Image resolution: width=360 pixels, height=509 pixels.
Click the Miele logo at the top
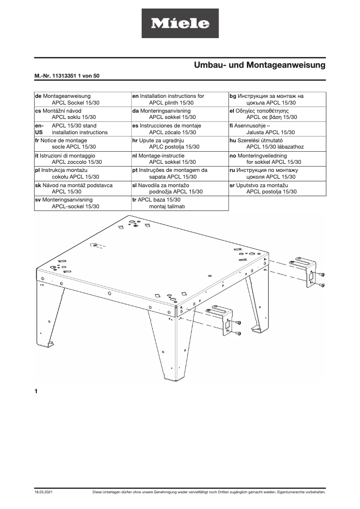click(x=180, y=23)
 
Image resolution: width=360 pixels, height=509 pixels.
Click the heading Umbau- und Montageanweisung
click(x=259, y=65)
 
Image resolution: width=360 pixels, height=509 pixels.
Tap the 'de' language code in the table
click(x=38, y=96)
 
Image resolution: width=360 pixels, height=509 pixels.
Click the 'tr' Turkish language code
click(x=135, y=200)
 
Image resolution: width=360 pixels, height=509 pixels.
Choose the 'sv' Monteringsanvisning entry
click(x=67, y=200)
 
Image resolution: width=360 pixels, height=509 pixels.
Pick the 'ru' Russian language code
click(x=233, y=170)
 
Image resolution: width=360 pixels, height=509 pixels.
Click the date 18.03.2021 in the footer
click(x=44, y=492)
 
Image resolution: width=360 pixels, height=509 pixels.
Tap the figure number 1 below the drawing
click(x=36, y=391)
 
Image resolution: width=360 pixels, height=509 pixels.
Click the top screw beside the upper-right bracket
click(x=322, y=275)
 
